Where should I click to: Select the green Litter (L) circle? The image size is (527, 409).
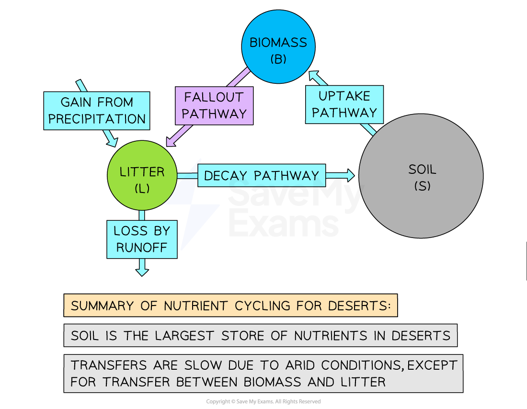click(x=142, y=175)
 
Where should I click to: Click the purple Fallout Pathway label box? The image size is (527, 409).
click(x=214, y=105)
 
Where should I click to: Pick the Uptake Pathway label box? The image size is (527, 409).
click(x=344, y=104)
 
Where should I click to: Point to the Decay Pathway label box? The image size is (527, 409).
click(x=261, y=175)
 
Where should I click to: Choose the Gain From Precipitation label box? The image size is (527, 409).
click(x=97, y=111)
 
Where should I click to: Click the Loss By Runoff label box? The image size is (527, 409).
click(x=142, y=239)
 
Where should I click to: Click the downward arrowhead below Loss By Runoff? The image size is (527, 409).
click(x=142, y=271)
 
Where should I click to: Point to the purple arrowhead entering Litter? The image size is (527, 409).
click(x=171, y=141)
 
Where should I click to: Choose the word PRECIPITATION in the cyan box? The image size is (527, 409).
click(x=97, y=119)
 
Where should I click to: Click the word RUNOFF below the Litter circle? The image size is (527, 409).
click(x=142, y=248)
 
